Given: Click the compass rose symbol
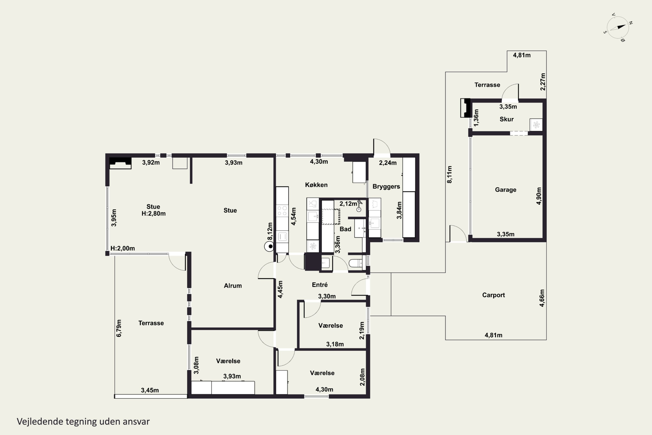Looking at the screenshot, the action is click(x=618, y=27).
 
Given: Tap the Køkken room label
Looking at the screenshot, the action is click(x=316, y=185).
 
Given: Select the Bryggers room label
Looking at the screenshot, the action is click(x=386, y=187).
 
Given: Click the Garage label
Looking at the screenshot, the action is click(x=506, y=190).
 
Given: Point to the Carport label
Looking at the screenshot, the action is click(x=493, y=295).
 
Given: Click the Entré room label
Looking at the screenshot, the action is click(x=320, y=285).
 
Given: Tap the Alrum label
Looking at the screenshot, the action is click(x=233, y=286).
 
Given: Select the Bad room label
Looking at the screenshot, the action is click(x=345, y=229).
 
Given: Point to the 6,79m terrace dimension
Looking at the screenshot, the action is click(x=119, y=328).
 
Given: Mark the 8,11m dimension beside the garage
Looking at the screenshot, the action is click(x=449, y=174).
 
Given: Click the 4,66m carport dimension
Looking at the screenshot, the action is click(x=542, y=298).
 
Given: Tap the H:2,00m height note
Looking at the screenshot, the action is click(x=123, y=248).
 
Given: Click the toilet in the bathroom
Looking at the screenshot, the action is click(x=356, y=263).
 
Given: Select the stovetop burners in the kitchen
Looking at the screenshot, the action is click(x=282, y=211).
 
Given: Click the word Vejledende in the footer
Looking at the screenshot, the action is click(x=40, y=422).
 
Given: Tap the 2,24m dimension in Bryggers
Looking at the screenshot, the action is click(x=388, y=163).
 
